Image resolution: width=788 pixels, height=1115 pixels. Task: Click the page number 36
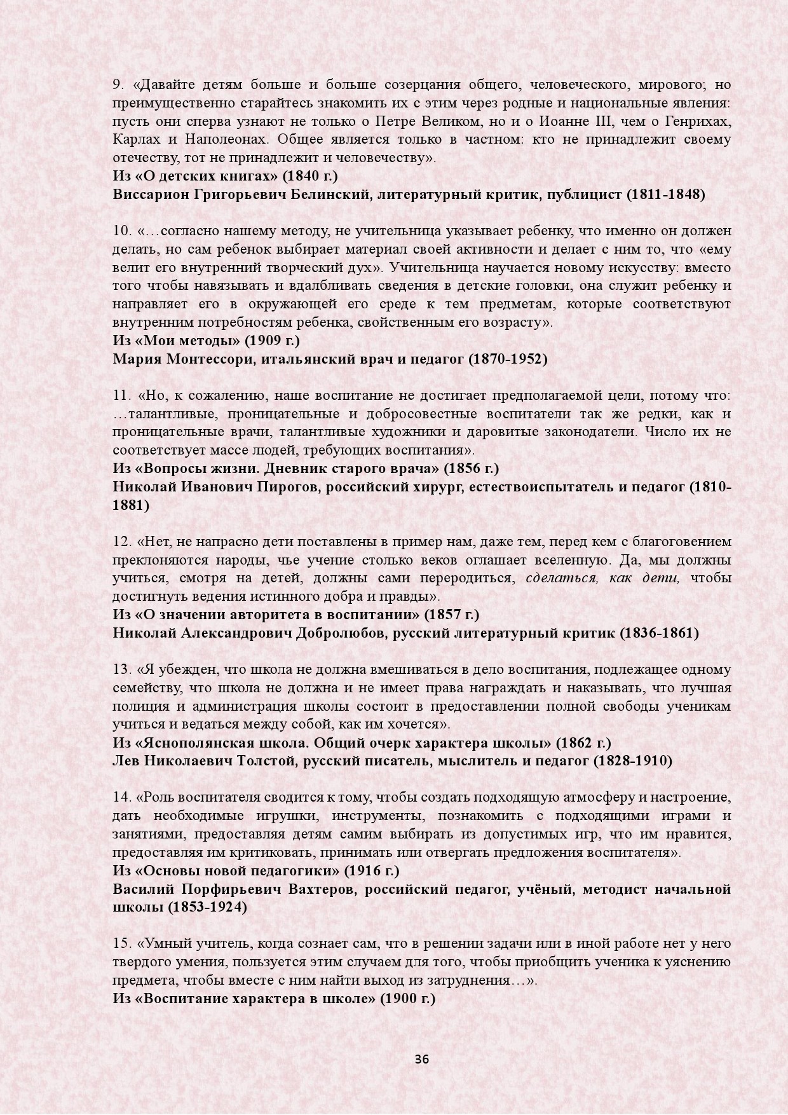421,1059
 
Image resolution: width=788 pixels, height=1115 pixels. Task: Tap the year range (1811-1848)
665,195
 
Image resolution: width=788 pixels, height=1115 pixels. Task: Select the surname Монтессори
203,359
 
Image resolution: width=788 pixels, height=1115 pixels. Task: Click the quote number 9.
118,85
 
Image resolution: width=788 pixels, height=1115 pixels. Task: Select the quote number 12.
121,542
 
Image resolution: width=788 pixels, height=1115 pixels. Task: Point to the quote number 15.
121,944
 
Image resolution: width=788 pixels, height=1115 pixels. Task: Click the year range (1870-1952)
508,359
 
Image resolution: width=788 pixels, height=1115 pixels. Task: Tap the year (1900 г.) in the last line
407,999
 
